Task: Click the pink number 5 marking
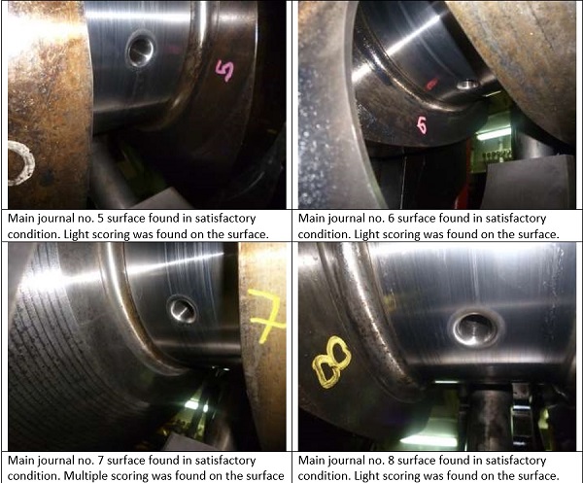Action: pos(225,71)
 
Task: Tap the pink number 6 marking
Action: pos(422,125)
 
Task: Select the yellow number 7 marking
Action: pos(266,315)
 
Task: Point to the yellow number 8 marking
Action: pos(331,362)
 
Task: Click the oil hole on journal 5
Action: pos(140,50)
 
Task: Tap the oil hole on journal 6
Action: pos(467,85)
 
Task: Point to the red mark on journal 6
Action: pos(431,84)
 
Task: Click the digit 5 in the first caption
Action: pos(100,219)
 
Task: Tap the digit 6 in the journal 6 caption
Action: pos(391,219)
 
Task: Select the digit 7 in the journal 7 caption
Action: pos(100,461)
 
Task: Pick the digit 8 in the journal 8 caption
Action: pos(391,461)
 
